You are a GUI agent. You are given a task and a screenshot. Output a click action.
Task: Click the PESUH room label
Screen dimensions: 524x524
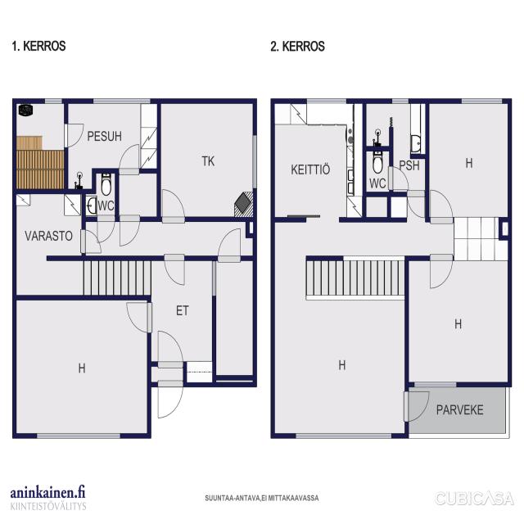[104, 137]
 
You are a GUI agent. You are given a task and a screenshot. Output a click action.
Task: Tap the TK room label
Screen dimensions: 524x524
[208, 161]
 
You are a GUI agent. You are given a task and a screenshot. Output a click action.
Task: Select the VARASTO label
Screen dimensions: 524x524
[49, 236]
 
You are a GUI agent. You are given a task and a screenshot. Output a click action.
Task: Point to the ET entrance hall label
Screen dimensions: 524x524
[182, 311]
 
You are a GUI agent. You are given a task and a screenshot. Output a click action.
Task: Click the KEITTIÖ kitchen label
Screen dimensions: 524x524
[310, 169]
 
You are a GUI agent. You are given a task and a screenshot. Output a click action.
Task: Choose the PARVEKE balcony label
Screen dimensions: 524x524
[460, 409]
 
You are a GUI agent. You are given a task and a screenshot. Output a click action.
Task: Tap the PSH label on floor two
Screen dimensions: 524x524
[409, 165]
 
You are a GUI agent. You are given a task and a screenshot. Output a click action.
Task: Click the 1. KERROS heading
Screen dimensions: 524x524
[38, 46]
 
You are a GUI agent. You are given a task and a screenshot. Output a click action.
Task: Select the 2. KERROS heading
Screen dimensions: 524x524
[297, 46]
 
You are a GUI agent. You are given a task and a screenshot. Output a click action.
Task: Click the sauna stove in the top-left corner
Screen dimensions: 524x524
[25, 111]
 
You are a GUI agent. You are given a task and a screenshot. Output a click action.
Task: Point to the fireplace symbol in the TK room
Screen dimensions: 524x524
[243, 204]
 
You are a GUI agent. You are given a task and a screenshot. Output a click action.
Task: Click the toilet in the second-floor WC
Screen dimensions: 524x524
[377, 162]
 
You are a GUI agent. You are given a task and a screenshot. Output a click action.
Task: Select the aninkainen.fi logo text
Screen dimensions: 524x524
[47, 493]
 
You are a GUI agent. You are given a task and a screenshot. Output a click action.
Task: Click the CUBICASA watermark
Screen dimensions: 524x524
[474, 499]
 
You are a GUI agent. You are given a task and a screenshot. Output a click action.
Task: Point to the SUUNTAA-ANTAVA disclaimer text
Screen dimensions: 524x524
[262, 498]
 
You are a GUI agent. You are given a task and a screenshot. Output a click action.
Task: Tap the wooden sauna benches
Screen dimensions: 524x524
[40, 163]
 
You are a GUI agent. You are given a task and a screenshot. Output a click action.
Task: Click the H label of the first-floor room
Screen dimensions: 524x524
[82, 368]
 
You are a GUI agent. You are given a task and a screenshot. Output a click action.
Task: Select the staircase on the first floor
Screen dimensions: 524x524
[117, 278]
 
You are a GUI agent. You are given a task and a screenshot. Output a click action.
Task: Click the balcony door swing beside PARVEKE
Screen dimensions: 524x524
[418, 406]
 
